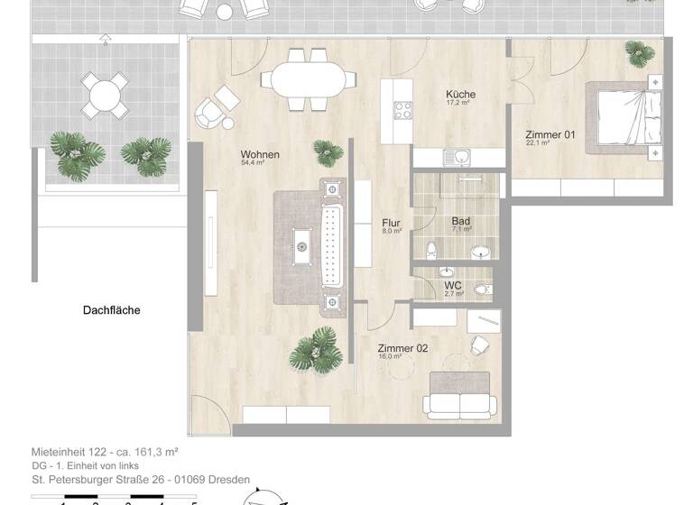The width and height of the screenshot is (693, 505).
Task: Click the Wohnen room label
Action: click(x=260, y=154)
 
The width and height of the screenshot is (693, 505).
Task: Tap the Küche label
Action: click(x=460, y=95)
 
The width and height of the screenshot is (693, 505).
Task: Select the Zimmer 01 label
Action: click(x=550, y=135)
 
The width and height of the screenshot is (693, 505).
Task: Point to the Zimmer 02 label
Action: click(x=402, y=348)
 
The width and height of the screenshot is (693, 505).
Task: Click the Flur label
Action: click(x=391, y=223)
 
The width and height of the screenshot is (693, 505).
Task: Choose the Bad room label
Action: click(x=460, y=221)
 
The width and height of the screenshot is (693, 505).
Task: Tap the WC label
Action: click(x=452, y=286)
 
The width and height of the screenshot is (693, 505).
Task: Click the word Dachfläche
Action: click(x=111, y=310)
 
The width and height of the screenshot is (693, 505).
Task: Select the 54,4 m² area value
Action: click(x=254, y=164)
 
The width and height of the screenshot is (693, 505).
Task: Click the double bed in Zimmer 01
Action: click(x=624, y=121)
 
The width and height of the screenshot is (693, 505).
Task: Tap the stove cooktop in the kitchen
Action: click(x=402, y=112)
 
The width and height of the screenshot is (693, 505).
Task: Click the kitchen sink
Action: click(x=461, y=157)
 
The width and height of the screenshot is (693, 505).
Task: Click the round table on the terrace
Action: click(x=104, y=95)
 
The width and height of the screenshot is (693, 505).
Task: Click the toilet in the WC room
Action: click(x=483, y=289)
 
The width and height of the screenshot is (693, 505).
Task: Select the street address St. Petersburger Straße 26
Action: click(x=100, y=480)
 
